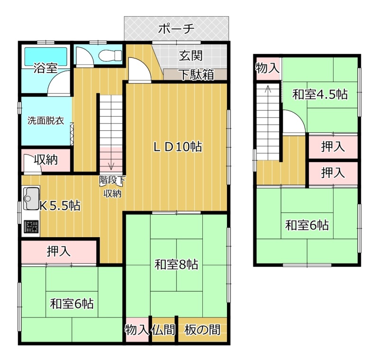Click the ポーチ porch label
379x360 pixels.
coord(176,29)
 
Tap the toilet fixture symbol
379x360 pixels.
coord(110,55)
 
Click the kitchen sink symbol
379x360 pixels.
coord(31,198)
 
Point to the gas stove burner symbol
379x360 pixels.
coord(31,227)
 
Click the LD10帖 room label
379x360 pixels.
coord(178,147)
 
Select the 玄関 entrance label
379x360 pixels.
coord(191,56)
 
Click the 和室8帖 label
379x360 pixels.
coord(176,265)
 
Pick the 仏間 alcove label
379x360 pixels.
coord(163,330)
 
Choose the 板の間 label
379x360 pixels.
coord(202,330)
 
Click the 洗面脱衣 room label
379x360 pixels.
coord(45,120)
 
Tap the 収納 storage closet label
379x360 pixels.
coord(46,160)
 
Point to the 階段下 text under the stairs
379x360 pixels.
coord(112,180)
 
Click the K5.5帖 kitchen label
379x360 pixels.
coord(60,206)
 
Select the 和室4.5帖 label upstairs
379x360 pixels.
coord(320,94)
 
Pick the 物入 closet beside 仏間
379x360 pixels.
coord(137,330)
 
